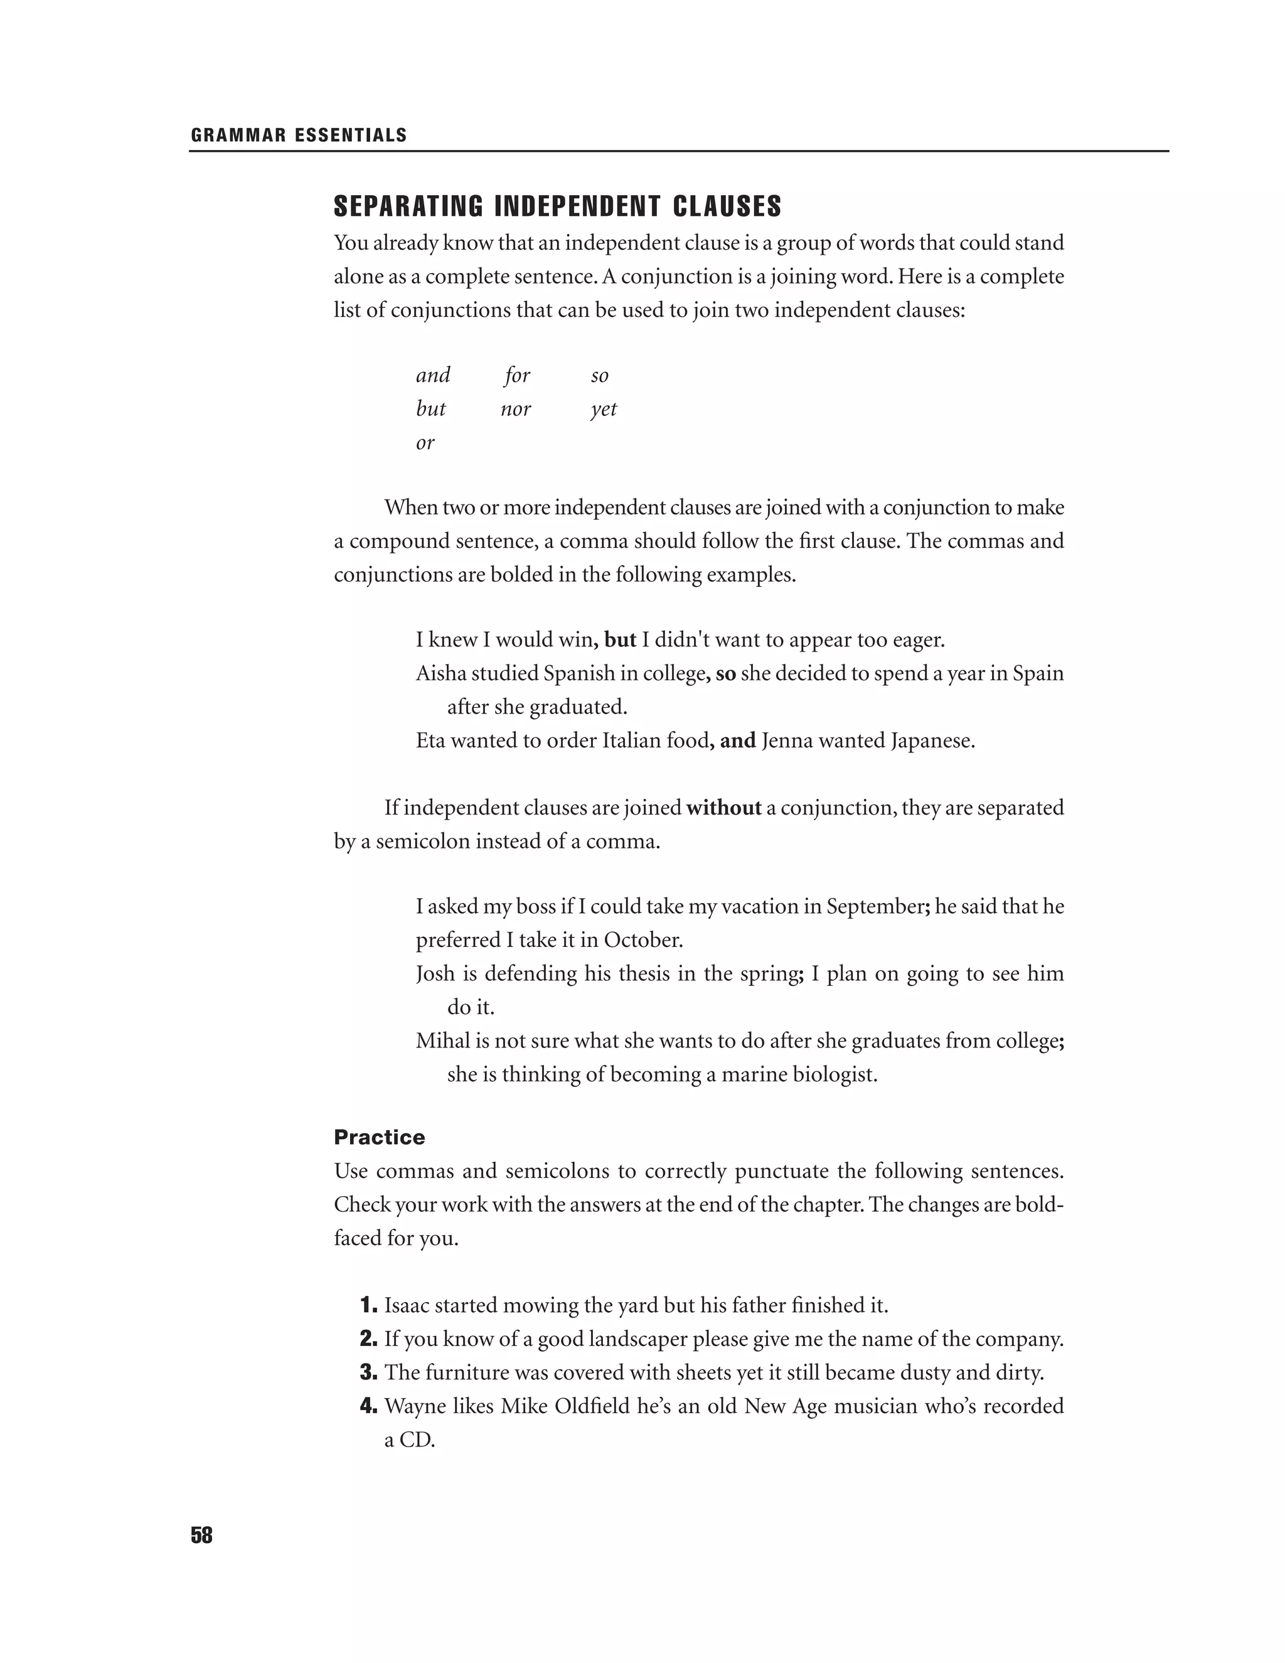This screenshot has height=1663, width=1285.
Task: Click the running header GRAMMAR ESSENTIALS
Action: pyautogui.click(x=299, y=136)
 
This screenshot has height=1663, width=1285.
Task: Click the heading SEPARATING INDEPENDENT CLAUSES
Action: pyautogui.click(x=557, y=206)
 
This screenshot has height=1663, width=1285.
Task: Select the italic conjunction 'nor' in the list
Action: pyautogui.click(x=515, y=409)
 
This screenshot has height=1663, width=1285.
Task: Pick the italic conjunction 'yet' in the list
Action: pyautogui.click(x=603, y=410)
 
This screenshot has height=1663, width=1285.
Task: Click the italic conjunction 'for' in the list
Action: pyautogui.click(x=517, y=375)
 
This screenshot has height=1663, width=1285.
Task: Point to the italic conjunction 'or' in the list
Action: pyautogui.click(x=425, y=442)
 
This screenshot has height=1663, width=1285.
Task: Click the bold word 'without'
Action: pyautogui.click(x=723, y=807)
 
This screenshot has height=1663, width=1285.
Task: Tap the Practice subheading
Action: pyautogui.click(x=379, y=1137)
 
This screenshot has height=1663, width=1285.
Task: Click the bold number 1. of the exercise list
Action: pyautogui.click(x=368, y=1305)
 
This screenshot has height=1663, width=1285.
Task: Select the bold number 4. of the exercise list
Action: pyautogui.click(x=368, y=1406)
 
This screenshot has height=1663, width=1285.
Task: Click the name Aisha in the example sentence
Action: pyautogui.click(x=440, y=673)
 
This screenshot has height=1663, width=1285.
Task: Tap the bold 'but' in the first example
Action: pyautogui.click(x=620, y=639)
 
